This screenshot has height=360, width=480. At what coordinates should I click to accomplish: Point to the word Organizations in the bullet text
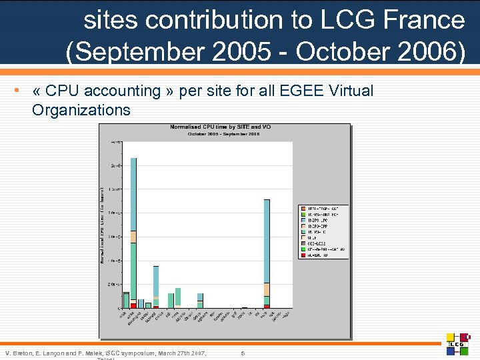[81, 109]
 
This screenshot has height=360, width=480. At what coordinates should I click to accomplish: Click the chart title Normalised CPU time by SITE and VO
[220, 127]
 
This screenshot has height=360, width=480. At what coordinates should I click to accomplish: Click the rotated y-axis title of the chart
[103, 225]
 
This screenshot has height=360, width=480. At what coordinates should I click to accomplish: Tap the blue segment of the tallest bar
[133, 193]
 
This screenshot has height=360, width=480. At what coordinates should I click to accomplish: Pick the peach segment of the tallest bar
[133, 236]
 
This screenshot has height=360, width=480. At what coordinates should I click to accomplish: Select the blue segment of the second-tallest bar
[267, 240]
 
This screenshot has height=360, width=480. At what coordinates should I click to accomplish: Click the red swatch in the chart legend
[303, 255]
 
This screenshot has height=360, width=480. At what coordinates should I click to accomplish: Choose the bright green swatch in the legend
[303, 249]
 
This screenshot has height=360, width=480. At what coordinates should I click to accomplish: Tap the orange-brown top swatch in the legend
[303, 208]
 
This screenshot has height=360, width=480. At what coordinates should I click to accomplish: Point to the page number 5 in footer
[243, 352]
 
